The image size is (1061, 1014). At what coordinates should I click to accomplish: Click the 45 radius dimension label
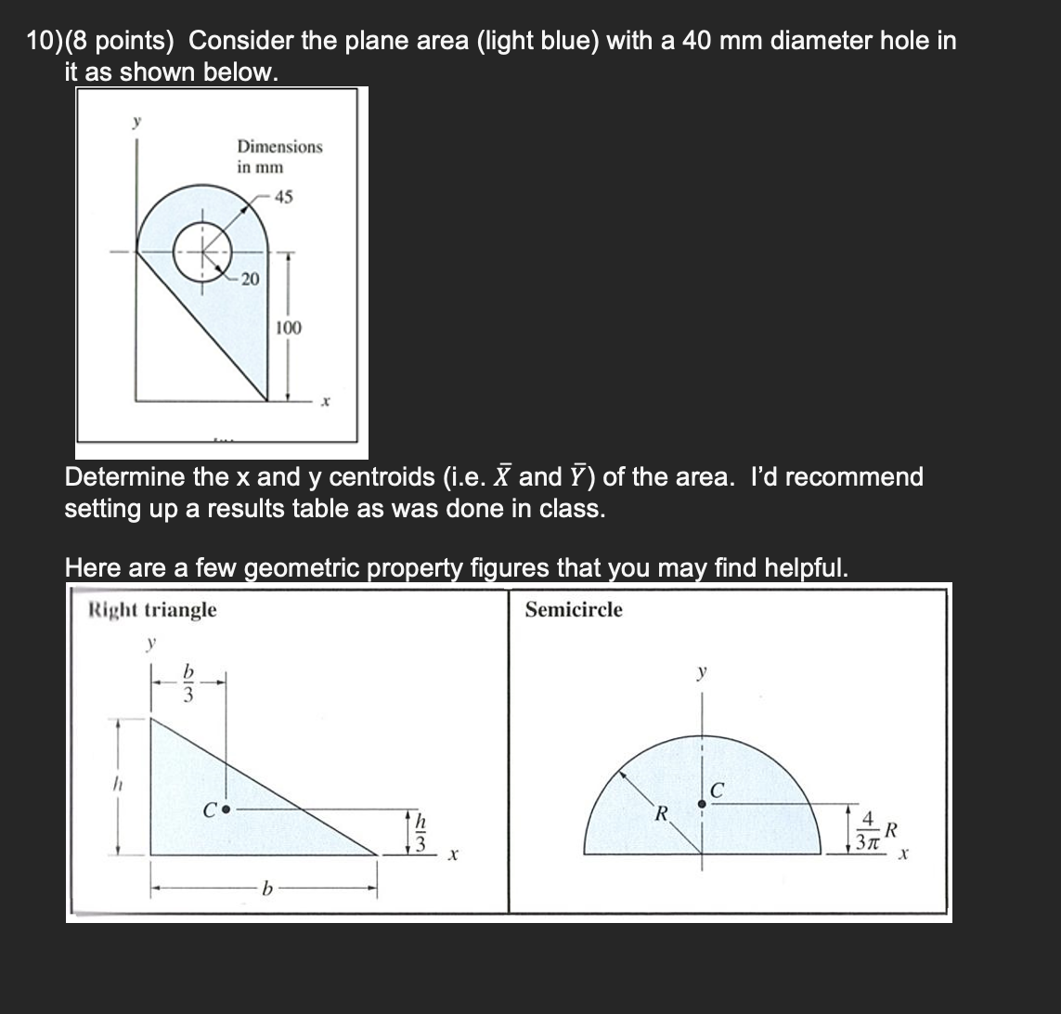click(284, 196)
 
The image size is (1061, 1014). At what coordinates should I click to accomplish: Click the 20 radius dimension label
click(249, 279)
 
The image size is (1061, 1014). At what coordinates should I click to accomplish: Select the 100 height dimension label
click(288, 328)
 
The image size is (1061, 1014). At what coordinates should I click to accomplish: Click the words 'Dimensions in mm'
click(279, 156)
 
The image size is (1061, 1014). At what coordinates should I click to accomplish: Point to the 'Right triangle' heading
click(152, 610)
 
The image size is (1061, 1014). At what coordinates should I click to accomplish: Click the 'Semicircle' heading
click(574, 610)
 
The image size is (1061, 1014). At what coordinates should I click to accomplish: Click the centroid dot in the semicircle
click(702, 803)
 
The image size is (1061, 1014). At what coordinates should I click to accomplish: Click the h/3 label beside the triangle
click(420, 831)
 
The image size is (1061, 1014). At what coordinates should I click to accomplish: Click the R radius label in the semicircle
click(661, 815)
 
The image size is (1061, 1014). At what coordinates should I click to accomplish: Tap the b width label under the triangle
click(268, 890)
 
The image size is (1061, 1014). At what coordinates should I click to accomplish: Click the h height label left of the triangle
click(118, 785)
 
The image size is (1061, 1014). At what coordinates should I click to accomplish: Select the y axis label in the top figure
click(136, 123)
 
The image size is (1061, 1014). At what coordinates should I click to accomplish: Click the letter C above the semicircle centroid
click(717, 789)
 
